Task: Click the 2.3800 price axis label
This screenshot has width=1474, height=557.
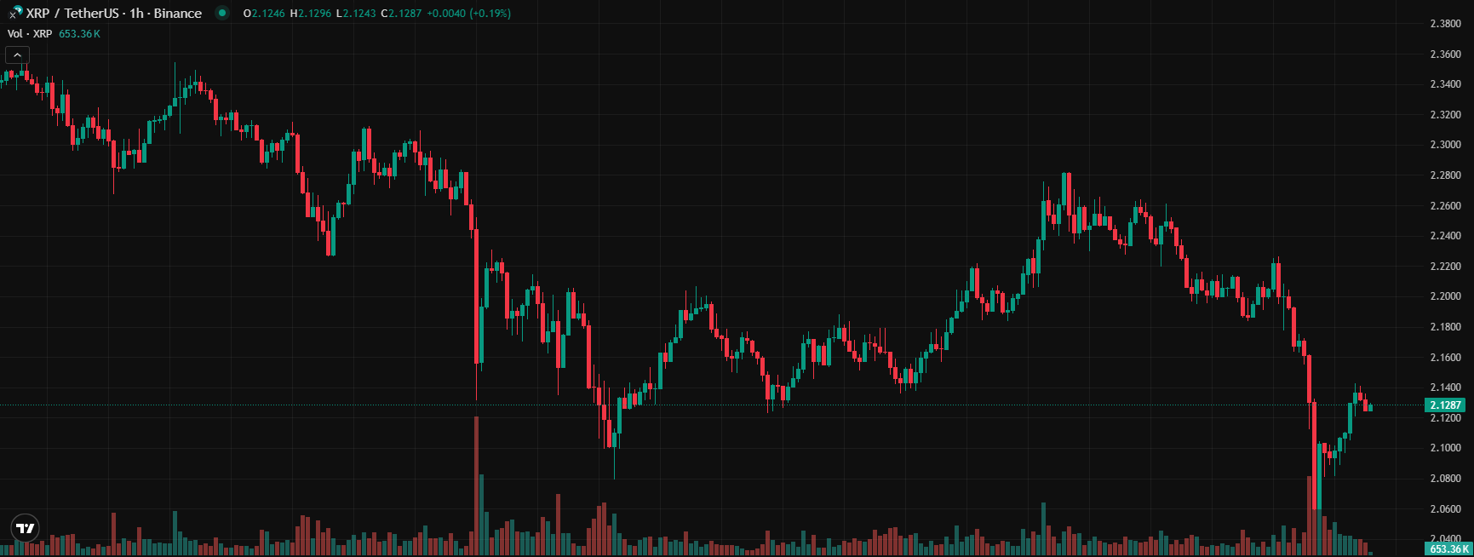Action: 1445,24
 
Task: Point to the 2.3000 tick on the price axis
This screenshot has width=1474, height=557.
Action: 1445,145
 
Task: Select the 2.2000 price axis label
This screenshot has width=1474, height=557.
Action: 1445,296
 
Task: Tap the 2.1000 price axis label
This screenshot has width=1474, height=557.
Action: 1445,448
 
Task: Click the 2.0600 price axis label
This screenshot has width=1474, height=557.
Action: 1445,509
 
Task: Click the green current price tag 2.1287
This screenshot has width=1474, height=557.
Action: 1445,405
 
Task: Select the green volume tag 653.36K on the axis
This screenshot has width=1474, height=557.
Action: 1448,549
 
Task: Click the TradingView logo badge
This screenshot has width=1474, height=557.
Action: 26,528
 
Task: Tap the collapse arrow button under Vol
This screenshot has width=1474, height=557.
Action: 17,55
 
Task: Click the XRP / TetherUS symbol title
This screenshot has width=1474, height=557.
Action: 72,14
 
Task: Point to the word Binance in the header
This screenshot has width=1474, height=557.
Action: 178,14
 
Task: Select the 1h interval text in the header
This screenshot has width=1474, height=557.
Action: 136,14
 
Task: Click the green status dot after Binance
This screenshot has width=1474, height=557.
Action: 222,13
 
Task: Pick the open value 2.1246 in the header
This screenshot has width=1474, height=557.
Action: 268,14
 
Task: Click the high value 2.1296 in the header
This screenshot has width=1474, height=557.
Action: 314,14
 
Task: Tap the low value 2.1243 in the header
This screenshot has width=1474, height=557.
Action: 359,14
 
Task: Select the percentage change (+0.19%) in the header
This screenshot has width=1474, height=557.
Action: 490,14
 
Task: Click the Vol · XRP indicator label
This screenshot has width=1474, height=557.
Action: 30,34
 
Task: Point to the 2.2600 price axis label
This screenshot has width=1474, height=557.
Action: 1445,206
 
